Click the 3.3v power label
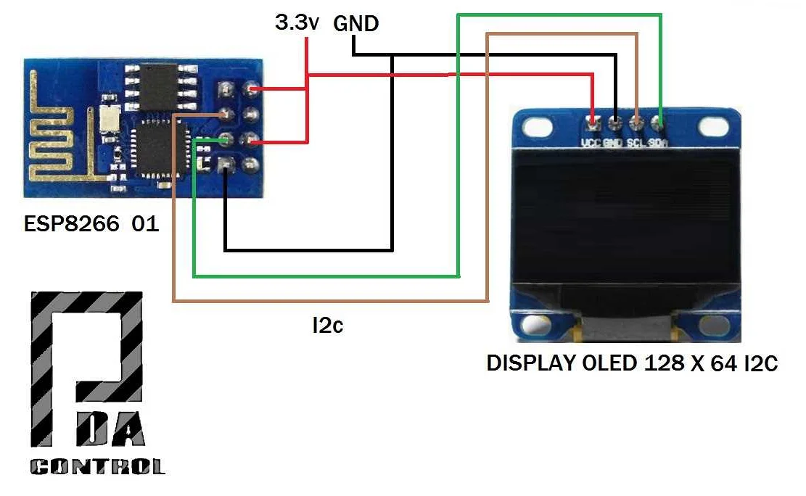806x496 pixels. [x=297, y=23]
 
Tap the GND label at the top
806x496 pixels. [x=355, y=24]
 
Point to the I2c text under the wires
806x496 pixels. [x=327, y=326]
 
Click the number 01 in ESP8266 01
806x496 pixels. [x=144, y=223]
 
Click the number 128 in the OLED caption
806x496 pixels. [x=664, y=363]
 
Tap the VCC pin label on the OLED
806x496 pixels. [x=591, y=143]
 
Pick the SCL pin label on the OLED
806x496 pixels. [x=636, y=143]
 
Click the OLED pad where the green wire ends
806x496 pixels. [x=659, y=120]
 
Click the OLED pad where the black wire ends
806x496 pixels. [x=615, y=120]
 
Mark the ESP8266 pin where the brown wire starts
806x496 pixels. [x=226, y=114]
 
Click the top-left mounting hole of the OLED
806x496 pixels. [x=537, y=127]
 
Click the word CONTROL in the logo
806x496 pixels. [x=97, y=466]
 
